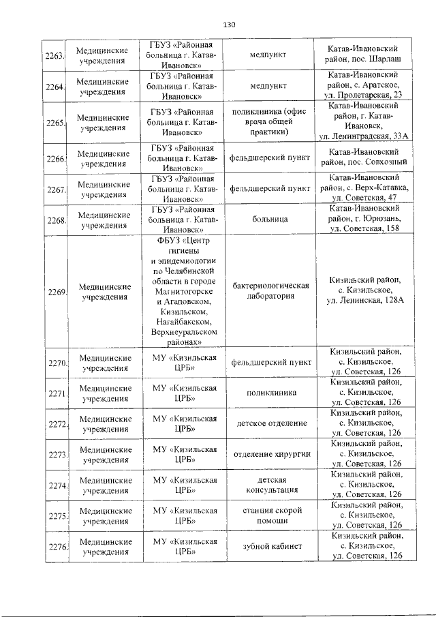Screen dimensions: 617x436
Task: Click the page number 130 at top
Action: pyautogui.click(x=229, y=25)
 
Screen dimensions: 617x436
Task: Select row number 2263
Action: pyautogui.click(x=54, y=55)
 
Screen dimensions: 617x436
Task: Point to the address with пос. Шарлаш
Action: pyautogui.click(x=360, y=55)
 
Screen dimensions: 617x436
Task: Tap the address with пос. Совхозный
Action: pyautogui.click(x=360, y=157)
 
